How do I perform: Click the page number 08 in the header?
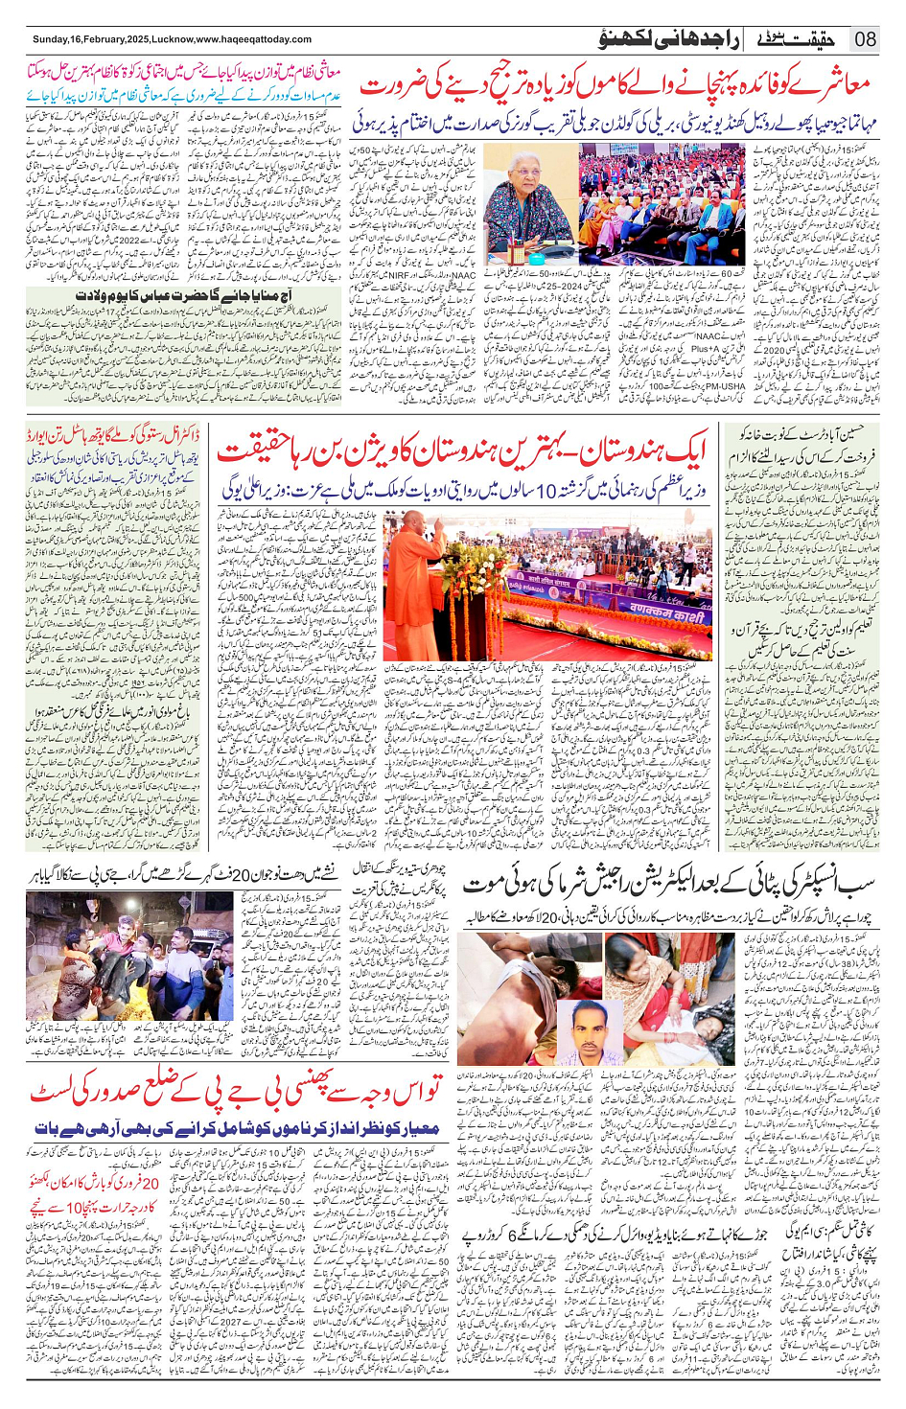[x=865, y=39]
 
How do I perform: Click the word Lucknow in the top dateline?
[x=173, y=39]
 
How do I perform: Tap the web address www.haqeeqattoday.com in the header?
[x=253, y=39]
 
